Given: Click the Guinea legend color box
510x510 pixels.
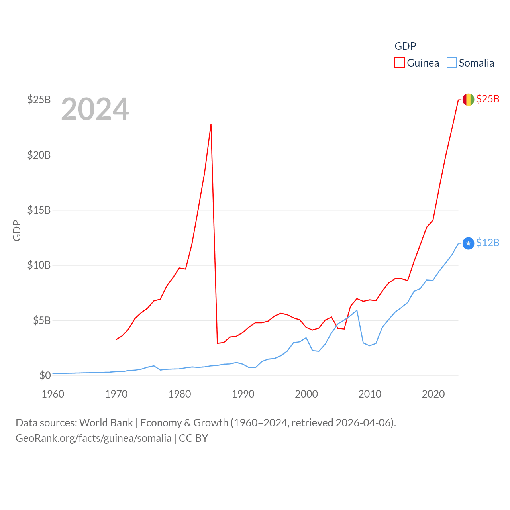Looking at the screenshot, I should click(400, 63).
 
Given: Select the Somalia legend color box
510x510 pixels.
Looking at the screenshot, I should click(451, 63).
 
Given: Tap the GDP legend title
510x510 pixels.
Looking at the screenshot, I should click(405, 46).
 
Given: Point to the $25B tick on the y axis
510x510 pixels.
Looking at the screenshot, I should click(39, 100).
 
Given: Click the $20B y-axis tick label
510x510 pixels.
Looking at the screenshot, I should click(39, 155).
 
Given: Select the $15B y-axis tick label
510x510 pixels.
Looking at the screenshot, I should click(39, 210).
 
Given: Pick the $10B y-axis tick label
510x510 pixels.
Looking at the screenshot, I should click(39, 265).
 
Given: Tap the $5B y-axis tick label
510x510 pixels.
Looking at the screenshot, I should click(42, 320).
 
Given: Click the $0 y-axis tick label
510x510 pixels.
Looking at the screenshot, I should click(45, 375).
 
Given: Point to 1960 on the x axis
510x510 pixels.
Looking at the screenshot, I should click(53, 394).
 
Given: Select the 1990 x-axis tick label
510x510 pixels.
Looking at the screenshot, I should click(243, 394).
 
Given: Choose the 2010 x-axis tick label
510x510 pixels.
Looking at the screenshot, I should click(370, 394).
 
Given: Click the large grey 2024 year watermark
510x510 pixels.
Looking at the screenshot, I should click(95, 109).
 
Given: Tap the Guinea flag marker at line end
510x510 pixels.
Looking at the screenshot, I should click(468, 99).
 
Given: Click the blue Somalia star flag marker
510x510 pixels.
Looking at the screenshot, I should click(468, 243).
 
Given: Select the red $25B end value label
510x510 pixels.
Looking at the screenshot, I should click(488, 99).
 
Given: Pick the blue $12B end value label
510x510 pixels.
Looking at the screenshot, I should click(488, 243).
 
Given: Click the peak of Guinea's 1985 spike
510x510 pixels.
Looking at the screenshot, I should click(211, 125).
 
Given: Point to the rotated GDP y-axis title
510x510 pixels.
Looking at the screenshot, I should click(17, 230).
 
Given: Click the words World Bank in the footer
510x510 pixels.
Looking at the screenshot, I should click(106, 423).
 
